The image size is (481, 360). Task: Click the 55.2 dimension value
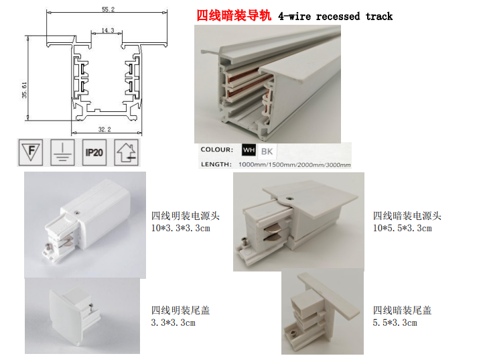point(108,9)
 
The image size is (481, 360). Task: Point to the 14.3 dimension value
point(108,30)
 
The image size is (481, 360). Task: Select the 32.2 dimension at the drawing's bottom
point(105,129)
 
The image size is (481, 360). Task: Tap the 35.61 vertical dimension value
point(25,90)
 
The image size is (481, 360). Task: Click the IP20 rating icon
point(94,152)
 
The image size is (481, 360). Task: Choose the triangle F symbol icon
point(31,152)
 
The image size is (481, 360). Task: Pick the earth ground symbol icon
point(62,152)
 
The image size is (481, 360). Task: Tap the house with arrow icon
point(127,152)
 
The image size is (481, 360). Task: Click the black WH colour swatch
point(249,150)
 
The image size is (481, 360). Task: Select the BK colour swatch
point(267,151)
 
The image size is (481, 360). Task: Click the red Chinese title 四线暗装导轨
point(234,15)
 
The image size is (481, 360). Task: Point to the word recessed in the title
point(338,16)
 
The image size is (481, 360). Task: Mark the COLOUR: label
point(217,149)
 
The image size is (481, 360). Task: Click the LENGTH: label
point(216,164)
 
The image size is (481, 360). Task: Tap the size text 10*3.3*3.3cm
point(181,229)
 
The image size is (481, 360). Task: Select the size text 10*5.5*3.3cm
point(402,229)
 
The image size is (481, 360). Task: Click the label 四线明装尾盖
point(181,310)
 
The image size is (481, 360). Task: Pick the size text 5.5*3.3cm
point(395,323)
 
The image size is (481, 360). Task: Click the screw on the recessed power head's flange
point(289,198)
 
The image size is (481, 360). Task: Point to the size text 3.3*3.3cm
point(174,323)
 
